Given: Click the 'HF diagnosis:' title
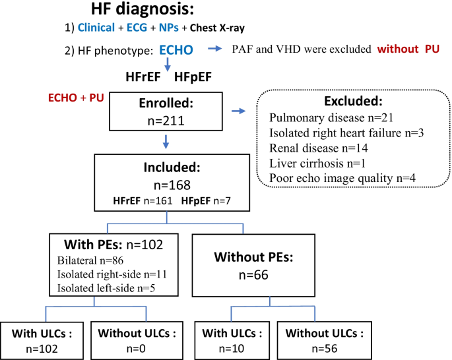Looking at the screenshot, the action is (143, 9).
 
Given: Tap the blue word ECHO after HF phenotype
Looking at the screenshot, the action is (176, 50).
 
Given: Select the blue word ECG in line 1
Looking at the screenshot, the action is (137, 28).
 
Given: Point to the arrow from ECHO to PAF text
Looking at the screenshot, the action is (214, 49).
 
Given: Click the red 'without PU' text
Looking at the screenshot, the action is (408, 49).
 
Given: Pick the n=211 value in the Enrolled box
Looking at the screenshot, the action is (166, 121).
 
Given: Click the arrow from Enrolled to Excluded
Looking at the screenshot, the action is (239, 111).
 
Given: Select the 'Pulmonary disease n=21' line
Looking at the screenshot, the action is (331, 118).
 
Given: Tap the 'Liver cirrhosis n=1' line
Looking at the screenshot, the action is (317, 164).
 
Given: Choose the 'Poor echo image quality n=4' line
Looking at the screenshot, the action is (342, 178).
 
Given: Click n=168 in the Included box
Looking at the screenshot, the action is (172, 185).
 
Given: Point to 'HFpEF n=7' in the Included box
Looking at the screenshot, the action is (206, 200).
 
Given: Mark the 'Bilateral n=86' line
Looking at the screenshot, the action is (90, 260).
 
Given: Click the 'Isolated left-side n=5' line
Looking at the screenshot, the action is (106, 288).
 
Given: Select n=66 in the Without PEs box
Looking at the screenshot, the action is (253, 275).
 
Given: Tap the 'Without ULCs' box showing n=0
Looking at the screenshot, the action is (137, 340).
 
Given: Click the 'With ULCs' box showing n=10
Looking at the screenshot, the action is (232, 340).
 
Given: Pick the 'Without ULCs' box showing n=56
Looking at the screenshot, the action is (324, 340).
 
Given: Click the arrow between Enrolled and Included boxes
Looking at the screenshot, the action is (166, 142).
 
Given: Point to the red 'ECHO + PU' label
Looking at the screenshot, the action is (76, 98).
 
